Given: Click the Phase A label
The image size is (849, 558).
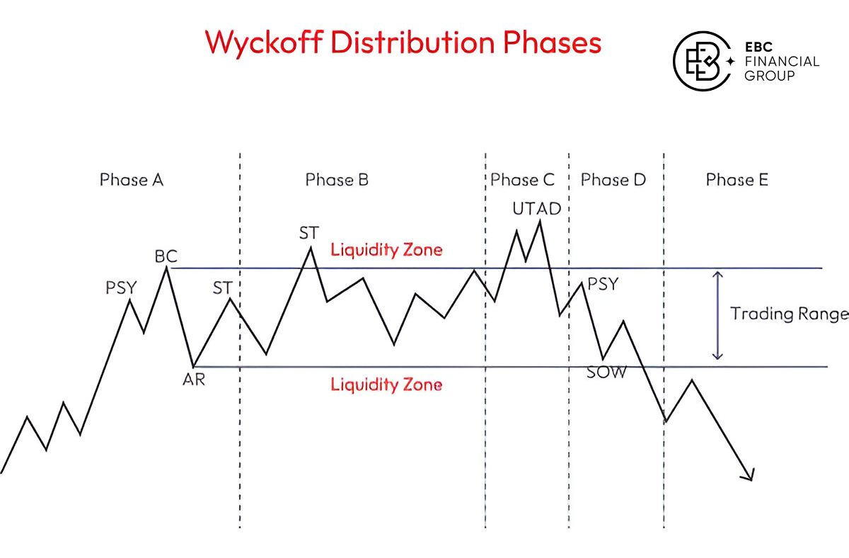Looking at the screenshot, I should point(132,180).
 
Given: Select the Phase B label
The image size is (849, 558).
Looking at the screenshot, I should point(337,180).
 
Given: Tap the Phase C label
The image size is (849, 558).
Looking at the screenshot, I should point(523,180).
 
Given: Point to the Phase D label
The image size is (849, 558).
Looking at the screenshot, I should point(613,180).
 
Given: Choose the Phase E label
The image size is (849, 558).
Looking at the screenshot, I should point(737,180).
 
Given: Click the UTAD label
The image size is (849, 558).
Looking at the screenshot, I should point(537,209).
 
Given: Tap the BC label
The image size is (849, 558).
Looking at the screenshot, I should point(166,256).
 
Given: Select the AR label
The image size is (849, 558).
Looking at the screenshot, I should point(193,380).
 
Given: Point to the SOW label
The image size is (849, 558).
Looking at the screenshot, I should point(606,372).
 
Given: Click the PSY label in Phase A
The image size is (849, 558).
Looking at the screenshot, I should point(121,287).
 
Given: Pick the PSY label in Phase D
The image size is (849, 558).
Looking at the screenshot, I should point(603,285).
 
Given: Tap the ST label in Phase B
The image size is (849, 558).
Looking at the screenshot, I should point(309,233).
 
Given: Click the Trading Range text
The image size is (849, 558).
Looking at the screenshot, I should point(789,314).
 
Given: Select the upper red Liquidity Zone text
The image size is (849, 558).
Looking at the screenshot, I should point(386,250).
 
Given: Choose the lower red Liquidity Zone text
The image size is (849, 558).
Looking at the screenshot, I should point(386,385).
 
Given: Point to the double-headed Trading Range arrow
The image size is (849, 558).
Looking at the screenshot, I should point(718,315).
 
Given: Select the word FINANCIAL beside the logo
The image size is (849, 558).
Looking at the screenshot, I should point(782,62).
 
